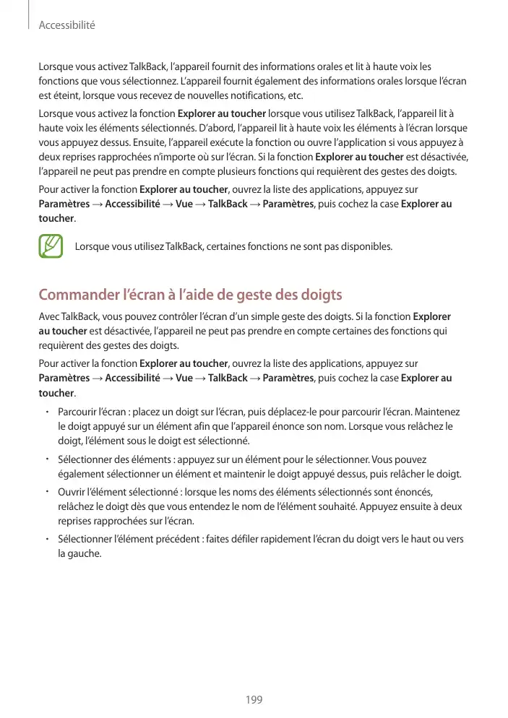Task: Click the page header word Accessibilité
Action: [66, 25]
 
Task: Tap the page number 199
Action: [254, 699]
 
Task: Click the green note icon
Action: [51, 246]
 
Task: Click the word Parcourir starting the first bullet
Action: [78, 412]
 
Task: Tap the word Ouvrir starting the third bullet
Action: [72, 491]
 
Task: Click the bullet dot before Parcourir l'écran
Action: [46, 412]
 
